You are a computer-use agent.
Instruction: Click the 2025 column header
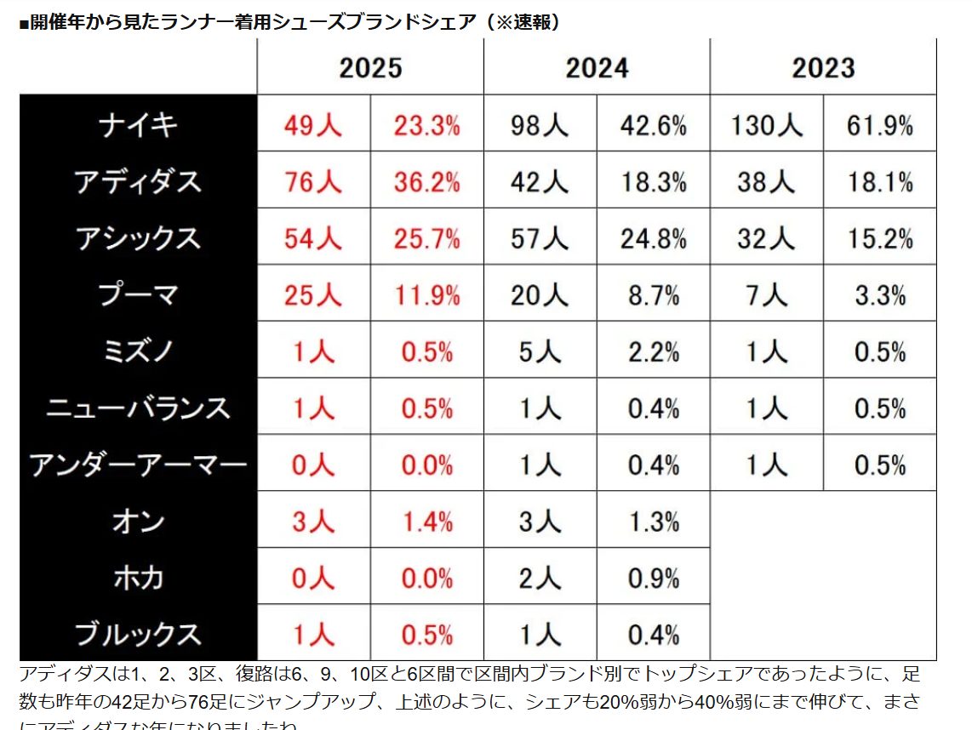pyautogui.click(x=370, y=68)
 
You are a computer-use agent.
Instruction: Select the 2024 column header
pyautogui.click(x=597, y=68)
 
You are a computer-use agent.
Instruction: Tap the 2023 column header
pyautogui.click(x=823, y=68)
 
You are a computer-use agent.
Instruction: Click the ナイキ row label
pyautogui.click(x=138, y=125)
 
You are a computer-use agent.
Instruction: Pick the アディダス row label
pyautogui.click(x=138, y=182)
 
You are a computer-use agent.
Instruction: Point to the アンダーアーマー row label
pyautogui.click(x=138, y=465)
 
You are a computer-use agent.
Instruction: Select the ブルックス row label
pyautogui.click(x=138, y=634)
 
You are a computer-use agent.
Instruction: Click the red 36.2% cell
pyautogui.click(x=426, y=182)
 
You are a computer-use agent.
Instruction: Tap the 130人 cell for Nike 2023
pyautogui.click(x=766, y=126)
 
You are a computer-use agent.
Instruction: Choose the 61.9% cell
pyautogui.click(x=879, y=126)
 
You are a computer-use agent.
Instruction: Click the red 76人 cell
pyautogui.click(x=313, y=182)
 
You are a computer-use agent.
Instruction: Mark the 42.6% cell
pyautogui.click(x=653, y=126)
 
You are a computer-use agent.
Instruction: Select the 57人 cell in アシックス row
pyautogui.click(x=540, y=239)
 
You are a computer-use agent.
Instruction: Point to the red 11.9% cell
pyautogui.click(x=426, y=295)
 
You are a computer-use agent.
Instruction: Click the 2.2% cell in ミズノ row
pyautogui.click(x=653, y=351)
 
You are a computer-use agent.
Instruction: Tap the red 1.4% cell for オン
pyautogui.click(x=426, y=522)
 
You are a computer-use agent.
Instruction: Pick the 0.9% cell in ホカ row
pyautogui.click(x=653, y=579)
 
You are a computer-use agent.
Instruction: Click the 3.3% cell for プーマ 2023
pyautogui.click(x=879, y=295)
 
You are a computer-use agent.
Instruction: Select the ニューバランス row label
pyautogui.click(x=138, y=408)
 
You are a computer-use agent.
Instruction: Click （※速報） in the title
pyautogui.click(x=521, y=22)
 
